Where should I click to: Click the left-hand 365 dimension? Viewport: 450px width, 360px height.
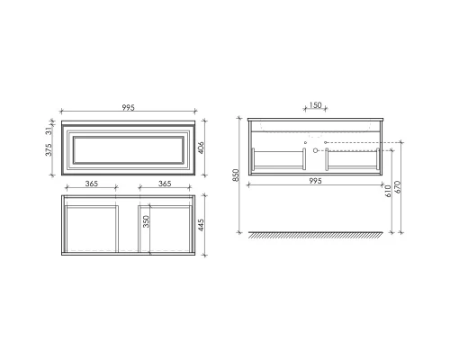91,184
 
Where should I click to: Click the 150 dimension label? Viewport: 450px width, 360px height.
315,106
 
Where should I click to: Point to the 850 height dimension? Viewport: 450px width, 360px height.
236,176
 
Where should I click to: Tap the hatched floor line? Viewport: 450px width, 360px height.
315,235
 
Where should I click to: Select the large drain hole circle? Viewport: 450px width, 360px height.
315,152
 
